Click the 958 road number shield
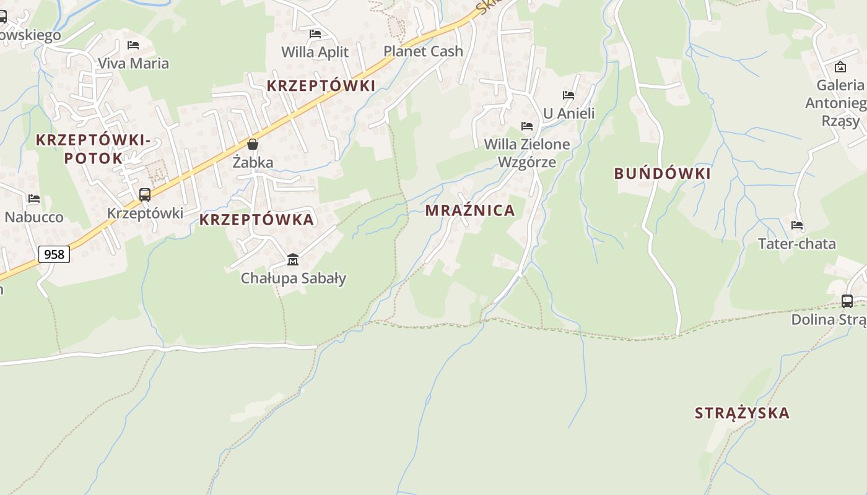click(x=54, y=254)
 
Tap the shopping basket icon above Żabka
click(x=253, y=144)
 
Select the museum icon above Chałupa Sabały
click(x=293, y=259)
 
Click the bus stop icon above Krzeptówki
click(x=145, y=195)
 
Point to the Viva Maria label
click(x=133, y=63)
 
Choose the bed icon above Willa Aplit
click(x=315, y=33)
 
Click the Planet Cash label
click(x=423, y=51)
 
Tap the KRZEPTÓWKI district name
click(x=321, y=86)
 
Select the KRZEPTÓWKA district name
click(x=256, y=220)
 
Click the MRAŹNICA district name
click(x=470, y=210)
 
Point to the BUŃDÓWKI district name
click(x=662, y=174)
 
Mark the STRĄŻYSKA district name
click(x=742, y=413)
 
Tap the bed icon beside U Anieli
click(x=569, y=95)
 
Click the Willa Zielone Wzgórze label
click(x=527, y=153)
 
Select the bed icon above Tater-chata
click(x=797, y=225)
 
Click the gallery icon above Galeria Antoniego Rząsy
click(x=840, y=67)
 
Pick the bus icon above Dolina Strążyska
click(x=847, y=301)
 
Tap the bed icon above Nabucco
click(x=34, y=199)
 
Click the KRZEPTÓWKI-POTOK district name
click(x=93, y=149)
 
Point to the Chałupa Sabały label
click(x=293, y=278)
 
